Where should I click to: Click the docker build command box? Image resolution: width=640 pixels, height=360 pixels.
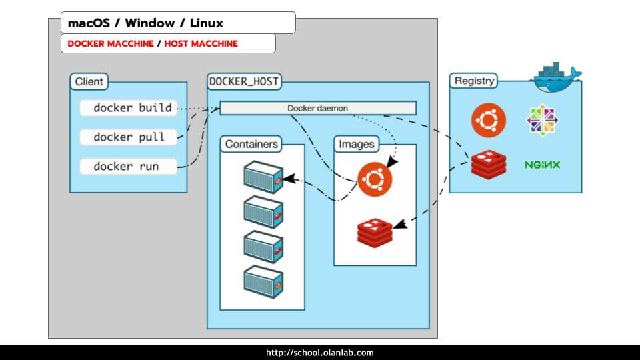[129, 108]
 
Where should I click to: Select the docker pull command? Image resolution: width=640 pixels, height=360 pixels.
[129, 137]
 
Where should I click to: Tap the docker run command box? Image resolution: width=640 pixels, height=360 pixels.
[129, 167]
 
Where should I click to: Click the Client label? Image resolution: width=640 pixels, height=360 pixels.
[89, 82]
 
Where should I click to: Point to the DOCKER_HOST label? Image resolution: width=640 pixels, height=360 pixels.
[244, 82]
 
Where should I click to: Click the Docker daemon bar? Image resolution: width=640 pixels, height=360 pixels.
[318, 108]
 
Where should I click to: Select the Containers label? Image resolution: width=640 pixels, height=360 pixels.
[251, 144]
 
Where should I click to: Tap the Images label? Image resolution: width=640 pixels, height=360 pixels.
[357, 144]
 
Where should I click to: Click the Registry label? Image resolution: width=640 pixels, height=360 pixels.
[474, 81]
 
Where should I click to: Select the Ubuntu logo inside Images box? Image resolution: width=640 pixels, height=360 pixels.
[375, 179]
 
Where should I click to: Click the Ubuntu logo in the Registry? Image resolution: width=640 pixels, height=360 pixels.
[489, 121]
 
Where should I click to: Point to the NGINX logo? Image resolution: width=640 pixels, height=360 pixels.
[542, 165]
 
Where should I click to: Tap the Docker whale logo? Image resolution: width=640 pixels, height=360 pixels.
[555, 77]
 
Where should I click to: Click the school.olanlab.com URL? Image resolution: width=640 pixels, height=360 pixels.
[319, 353]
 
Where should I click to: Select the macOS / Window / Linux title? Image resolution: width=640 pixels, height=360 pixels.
[145, 23]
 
